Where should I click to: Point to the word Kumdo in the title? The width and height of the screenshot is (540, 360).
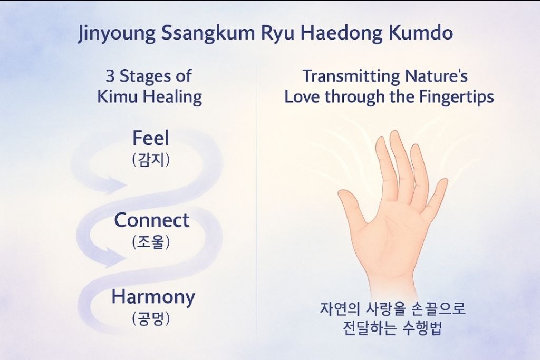point(420,33)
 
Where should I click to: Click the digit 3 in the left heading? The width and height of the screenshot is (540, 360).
point(110,76)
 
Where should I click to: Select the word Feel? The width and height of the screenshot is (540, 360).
point(151,138)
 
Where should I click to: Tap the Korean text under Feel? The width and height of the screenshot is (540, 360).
point(151,160)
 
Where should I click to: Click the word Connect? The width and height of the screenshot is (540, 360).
point(151,220)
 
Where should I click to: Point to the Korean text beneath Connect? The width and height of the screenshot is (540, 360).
point(151,242)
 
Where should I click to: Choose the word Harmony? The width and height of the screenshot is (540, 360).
point(153,298)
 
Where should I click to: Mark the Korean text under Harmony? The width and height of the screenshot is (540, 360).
point(151,319)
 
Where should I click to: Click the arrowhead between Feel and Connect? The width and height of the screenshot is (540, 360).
point(116,186)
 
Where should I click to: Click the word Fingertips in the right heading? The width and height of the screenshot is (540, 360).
point(456,98)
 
